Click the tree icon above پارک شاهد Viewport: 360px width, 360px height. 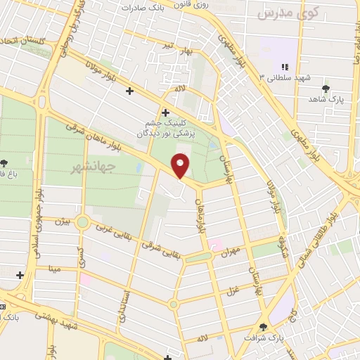326,88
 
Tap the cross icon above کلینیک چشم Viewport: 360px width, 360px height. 165,111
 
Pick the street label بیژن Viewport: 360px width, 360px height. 63,221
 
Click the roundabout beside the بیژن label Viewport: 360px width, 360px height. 83,223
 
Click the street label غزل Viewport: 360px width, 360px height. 233,288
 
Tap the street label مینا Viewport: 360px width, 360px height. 56,268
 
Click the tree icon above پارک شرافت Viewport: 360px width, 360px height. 263,326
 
